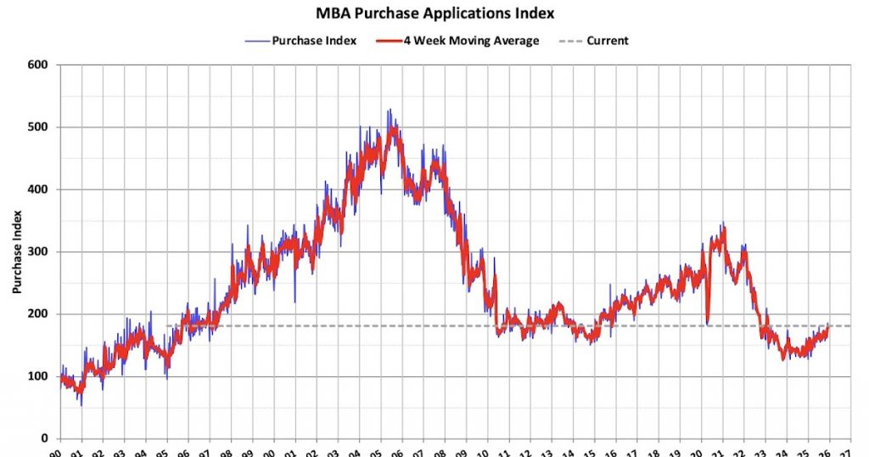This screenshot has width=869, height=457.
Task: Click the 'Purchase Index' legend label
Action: (315, 40)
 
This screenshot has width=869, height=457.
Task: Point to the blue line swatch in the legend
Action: (255, 40)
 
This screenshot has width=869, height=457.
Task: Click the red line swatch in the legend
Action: (389, 40)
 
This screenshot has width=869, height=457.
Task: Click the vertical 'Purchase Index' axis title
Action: (16, 252)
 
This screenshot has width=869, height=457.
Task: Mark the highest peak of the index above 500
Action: (389, 110)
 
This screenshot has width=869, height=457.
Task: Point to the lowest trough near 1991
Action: (81, 404)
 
